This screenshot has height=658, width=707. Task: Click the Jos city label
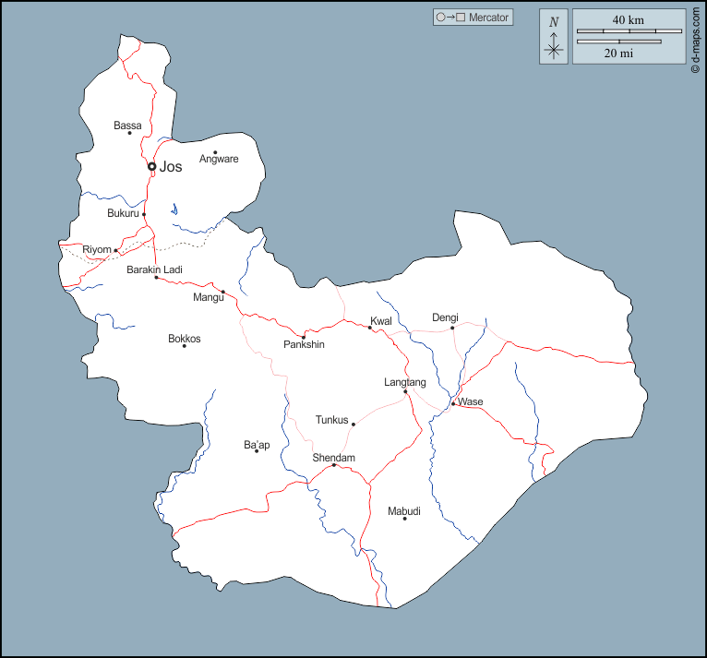pyautogui.click(x=171, y=167)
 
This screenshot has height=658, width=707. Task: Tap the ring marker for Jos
pyautogui.click(x=152, y=167)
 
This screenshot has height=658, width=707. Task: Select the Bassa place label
pyautogui.click(x=127, y=125)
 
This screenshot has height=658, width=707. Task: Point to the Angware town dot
pyautogui.click(x=215, y=152)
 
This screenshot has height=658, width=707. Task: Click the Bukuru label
pyautogui.click(x=123, y=213)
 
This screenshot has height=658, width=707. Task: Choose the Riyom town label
pyautogui.click(x=96, y=250)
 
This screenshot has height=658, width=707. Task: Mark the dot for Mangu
pyautogui.click(x=223, y=292)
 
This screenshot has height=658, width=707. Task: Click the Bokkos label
pyautogui.click(x=184, y=339)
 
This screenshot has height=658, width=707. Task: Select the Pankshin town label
pyautogui.click(x=304, y=345)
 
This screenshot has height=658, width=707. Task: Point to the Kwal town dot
pyautogui.click(x=370, y=328)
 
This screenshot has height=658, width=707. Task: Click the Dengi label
pyautogui.click(x=445, y=317)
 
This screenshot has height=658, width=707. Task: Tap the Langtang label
pyautogui.click(x=405, y=382)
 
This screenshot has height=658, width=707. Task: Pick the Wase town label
pyautogui.click(x=471, y=401)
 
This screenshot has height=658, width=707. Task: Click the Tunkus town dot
pyautogui.click(x=353, y=425)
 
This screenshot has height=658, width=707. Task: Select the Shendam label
pyautogui.click(x=333, y=458)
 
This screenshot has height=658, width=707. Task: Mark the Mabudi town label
pyautogui.click(x=404, y=510)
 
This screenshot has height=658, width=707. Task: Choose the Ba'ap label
pyautogui.click(x=257, y=445)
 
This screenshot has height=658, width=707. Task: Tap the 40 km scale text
pyautogui.click(x=629, y=19)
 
